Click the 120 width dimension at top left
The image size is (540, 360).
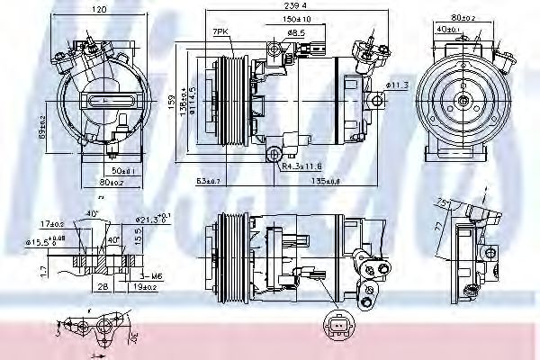(x=98, y=9)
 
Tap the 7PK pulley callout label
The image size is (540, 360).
(x=220, y=32)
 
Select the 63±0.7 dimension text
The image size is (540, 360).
(x=209, y=181)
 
